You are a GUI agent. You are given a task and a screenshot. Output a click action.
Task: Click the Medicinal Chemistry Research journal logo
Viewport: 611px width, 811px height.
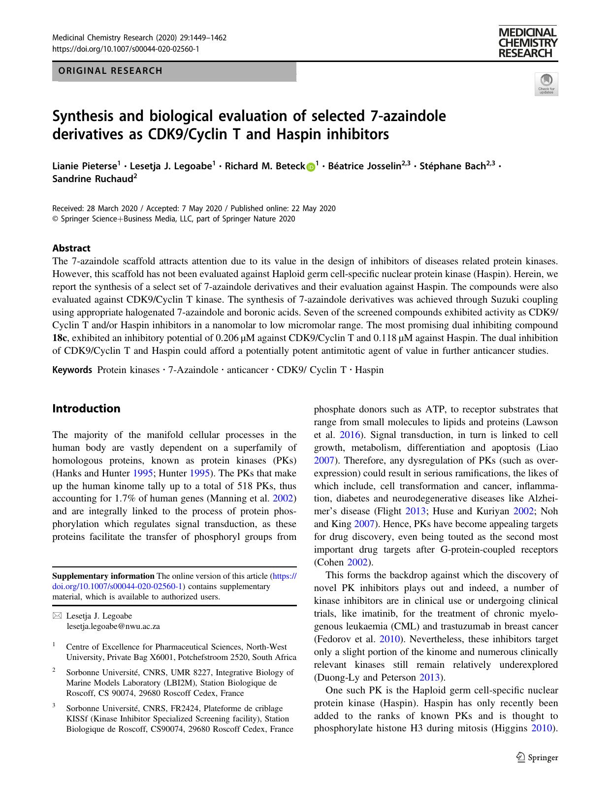[527, 42]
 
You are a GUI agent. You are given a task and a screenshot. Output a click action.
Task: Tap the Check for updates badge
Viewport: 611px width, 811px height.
[546, 84]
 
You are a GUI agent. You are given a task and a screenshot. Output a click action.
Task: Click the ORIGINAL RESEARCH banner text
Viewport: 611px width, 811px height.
[110, 71]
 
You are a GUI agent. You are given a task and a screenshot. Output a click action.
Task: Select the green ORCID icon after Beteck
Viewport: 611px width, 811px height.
[311, 167]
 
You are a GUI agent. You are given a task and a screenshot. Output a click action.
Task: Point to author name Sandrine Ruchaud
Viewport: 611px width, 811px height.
[93, 179]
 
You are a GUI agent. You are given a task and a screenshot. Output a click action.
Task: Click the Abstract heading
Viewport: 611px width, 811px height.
[71, 248]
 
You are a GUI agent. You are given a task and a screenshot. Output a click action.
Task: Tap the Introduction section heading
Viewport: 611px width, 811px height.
[86, 408]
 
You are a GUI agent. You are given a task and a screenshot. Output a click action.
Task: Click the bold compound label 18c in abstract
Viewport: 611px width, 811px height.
[59, 338]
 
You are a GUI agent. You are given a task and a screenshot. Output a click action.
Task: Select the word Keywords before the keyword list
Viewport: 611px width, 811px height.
[72, 370]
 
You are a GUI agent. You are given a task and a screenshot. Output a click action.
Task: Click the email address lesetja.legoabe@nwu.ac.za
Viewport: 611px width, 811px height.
[113, 626]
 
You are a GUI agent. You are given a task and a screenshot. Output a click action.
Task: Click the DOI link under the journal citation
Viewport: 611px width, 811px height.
[126, 49]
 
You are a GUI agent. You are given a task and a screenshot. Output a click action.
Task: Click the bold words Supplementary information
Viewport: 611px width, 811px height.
[103, 576]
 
